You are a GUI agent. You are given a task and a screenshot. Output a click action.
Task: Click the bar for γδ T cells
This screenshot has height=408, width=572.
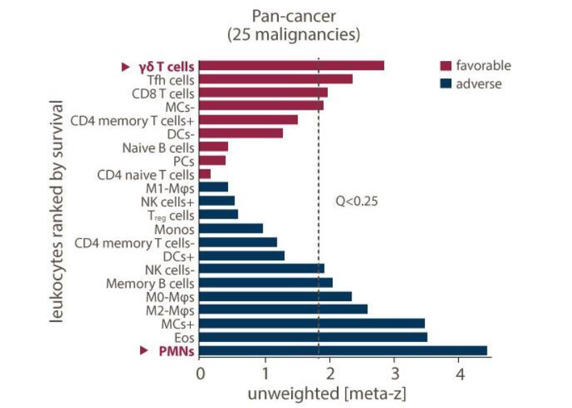click(291, 66)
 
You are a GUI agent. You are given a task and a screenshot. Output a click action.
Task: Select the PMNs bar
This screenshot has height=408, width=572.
click(343, 350)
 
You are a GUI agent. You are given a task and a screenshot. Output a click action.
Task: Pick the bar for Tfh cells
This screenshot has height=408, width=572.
click(276, 79)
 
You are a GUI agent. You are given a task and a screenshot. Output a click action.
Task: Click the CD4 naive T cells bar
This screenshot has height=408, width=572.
click(205, 173)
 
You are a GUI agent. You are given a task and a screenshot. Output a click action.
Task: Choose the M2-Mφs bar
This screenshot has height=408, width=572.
click(284, 309)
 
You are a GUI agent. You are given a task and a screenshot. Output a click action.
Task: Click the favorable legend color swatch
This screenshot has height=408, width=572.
click(446, 66)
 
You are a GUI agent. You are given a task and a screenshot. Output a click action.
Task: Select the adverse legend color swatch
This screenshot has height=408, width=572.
click(446, 84)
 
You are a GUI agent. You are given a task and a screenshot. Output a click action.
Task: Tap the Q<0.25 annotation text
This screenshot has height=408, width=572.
click(356, 202)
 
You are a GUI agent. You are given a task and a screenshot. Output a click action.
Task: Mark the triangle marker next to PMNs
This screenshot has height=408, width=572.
click(144, 351)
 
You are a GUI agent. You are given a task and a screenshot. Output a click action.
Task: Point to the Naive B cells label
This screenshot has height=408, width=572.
click(158, 147)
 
